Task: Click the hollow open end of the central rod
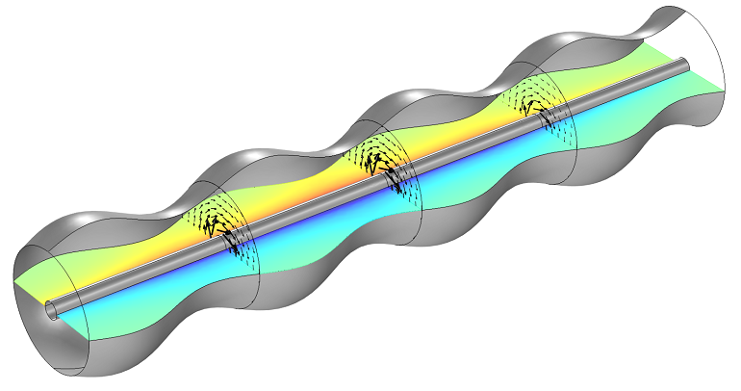click(x=51, y=309)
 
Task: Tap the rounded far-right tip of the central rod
click(x=686, y=65)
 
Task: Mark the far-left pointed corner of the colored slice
click(x=14, y=281)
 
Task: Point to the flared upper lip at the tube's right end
click(x=674, y=14)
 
